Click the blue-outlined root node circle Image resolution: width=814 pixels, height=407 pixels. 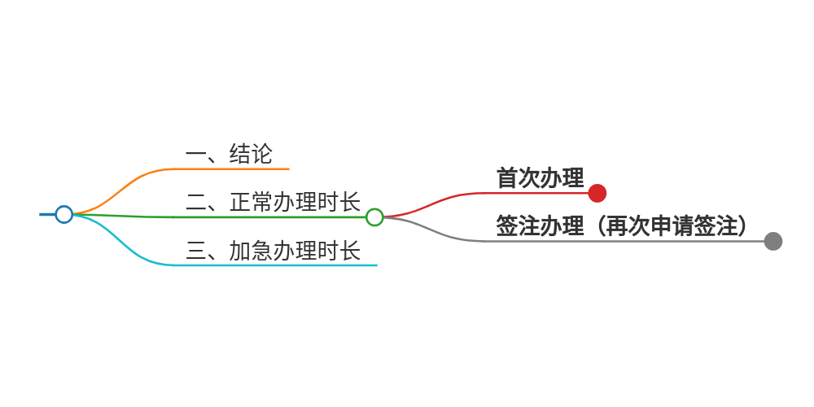pyautogui.click(x=64, y=214)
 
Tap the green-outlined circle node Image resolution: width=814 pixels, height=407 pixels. pyautogui.click(x=374, y=217)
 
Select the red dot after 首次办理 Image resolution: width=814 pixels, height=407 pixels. pyautogui.click(x=597, y=193)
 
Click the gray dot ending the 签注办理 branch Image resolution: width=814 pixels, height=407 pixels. pyautogui.click(x=773, y=241)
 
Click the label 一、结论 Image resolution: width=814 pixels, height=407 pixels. pyautogui.click(x=229, y=154)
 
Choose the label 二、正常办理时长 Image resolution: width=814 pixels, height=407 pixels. pyautogui.click(x=273, y=202)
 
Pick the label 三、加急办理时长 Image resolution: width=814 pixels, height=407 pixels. pyautogui.click(x=273, y=251)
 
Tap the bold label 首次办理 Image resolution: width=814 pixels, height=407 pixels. pyautogui.click(x=540, y=178)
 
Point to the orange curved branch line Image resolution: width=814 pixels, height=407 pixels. pyautogui.click(x=130, y=183)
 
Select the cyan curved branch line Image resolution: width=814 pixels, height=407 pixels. pyautogui.click(x=130, y=247)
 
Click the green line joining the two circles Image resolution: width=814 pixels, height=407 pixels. pyautogui.click(x=220, y=217)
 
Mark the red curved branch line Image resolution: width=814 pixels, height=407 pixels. pyautogui.click(x=440, y=201)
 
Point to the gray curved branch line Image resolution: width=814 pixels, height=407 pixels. pyautogui.click(x=440, y=233)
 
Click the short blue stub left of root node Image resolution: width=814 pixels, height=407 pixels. pyautogui.click(x=46, y=214)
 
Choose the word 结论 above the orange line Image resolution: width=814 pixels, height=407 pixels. pyautogui.click(x=251, y=154)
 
